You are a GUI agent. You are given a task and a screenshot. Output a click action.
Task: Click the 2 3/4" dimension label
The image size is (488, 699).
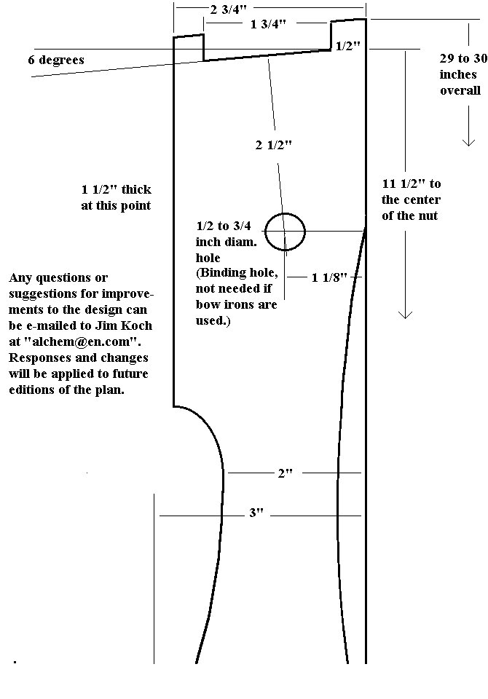point(229,9)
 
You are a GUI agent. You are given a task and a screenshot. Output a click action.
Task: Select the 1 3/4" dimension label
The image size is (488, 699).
point(268,24)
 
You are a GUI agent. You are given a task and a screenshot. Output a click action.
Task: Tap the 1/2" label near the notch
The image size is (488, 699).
point(347,46)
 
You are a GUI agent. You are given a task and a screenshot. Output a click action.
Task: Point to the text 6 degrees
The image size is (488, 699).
point(56,60)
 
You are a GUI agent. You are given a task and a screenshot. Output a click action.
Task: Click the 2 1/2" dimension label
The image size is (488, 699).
point(274,145)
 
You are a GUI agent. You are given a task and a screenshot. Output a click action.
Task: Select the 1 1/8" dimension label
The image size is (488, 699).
point(329,277)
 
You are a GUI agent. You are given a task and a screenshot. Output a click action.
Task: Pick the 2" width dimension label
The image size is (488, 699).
point(286,473)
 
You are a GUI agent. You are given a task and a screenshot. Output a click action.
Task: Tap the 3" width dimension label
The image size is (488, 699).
point(256,513)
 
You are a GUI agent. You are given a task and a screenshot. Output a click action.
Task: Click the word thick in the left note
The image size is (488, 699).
point(136,189)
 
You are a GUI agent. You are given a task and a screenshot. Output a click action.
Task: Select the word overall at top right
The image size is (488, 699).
point(460,90)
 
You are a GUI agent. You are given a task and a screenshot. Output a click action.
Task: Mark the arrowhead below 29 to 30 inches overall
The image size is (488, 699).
point(468,143)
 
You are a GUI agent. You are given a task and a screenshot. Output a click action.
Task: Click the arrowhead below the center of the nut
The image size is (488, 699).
point(405,315)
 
